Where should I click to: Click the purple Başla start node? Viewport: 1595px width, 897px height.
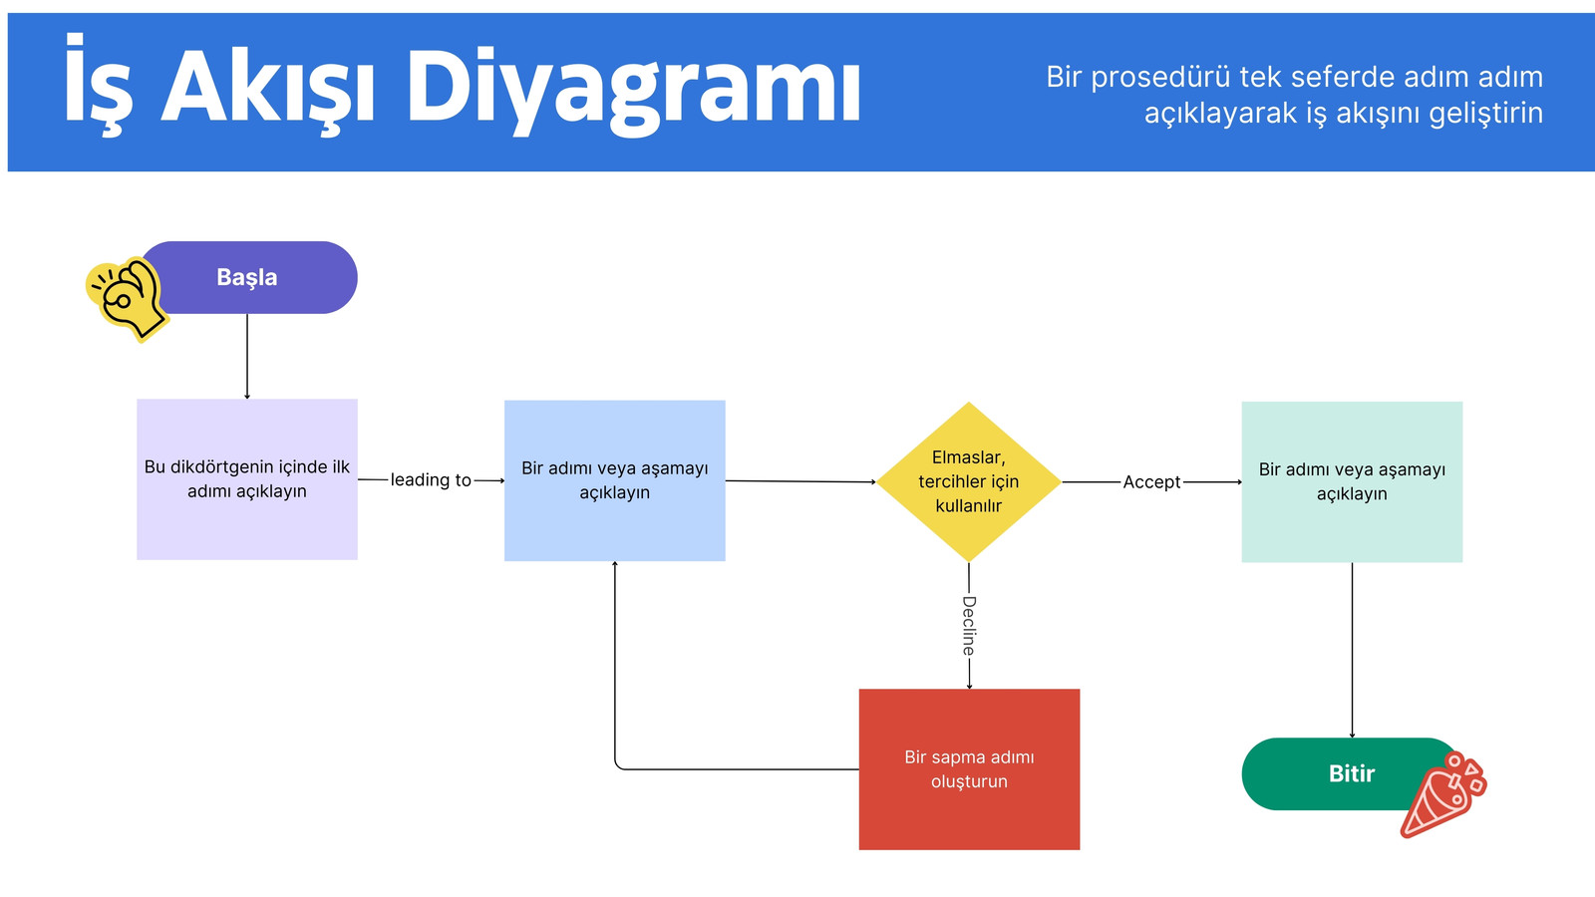(248, 277)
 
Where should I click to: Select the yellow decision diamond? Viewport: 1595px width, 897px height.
(968, 482)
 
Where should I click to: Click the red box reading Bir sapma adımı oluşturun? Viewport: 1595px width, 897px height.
(969, 769)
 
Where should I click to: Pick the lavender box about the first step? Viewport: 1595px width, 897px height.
(247, 479)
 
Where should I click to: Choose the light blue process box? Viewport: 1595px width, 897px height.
(614, 480)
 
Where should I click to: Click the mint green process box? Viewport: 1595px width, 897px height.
(1352, 482)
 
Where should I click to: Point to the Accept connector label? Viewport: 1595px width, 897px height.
(1151, 482)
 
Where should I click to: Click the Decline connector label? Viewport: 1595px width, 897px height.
(968, 626)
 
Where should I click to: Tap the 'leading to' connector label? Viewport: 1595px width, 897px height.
(431, 479)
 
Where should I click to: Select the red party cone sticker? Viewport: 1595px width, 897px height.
(1442, 794)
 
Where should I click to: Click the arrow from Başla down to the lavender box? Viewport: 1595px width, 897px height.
(247, 357)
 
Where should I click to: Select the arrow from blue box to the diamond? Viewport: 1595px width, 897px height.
(801, 481)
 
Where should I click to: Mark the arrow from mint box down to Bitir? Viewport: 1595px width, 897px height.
(1352, 650)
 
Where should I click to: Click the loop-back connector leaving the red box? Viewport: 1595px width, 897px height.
(712, 769)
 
